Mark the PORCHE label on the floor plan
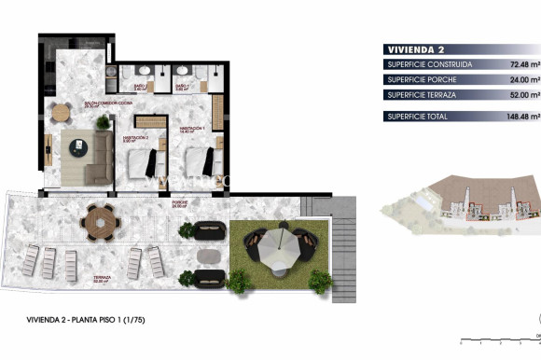(179, 202)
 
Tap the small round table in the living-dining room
(61, 114)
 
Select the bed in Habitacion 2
(144, 163)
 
